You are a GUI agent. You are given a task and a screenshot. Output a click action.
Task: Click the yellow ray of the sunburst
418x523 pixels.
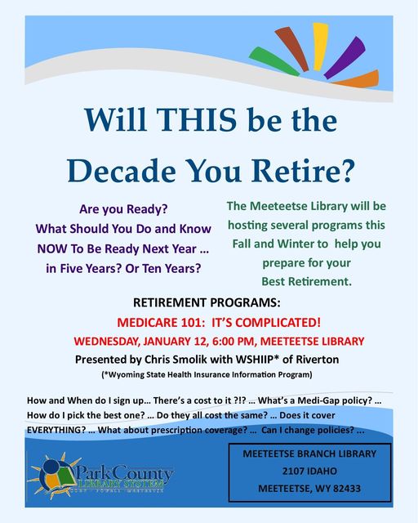[320, 47]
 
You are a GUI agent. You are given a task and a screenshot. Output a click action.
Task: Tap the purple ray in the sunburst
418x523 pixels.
[345, 57]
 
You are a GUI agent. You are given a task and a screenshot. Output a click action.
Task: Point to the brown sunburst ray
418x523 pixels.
[291, 48]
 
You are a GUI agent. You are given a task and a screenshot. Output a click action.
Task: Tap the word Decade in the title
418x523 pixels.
[122, 170]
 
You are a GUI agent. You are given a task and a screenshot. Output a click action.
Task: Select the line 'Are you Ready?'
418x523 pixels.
[123, 209]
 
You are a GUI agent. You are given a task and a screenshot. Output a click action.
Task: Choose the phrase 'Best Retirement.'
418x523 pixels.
[307, 281]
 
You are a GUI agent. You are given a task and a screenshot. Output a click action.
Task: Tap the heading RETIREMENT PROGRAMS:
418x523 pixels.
[207, 302]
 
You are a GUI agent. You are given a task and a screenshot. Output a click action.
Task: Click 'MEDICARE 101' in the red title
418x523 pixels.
[158, 323]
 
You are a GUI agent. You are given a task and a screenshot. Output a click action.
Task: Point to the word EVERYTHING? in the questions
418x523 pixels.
[56, 430]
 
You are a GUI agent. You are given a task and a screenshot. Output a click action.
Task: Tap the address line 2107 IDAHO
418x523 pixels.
[309, 471]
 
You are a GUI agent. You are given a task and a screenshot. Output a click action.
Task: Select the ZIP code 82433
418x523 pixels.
[347, 489]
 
